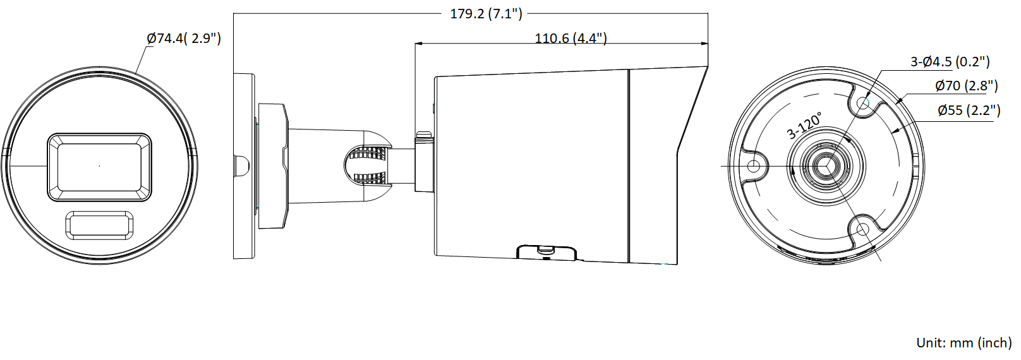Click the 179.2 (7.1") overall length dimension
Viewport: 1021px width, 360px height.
click(x=486, y=14)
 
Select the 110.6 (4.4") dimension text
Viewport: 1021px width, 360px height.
click(x=571, y=39)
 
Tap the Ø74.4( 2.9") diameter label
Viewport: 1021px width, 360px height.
click(x=184, y=39)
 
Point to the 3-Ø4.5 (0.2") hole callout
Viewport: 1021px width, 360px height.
click(x=950, y=62)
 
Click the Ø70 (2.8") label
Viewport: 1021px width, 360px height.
click(x=967, y=86)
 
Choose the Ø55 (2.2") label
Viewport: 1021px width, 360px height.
click(x=969, y=111)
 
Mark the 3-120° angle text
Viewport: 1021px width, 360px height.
click(x=804, y=126)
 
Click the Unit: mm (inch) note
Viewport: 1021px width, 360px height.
click(x=964, y=343)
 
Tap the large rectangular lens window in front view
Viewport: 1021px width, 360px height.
click(x=99, y=167)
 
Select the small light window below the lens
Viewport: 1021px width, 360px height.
click(x=99, y=225)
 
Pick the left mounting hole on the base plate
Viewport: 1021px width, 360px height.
click(x=754, y=166)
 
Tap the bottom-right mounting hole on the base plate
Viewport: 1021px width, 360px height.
click(x=862, y=229)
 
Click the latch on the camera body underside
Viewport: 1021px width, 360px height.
click(x=546, y=253)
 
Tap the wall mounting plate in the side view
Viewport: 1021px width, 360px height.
click(x=243, y=166)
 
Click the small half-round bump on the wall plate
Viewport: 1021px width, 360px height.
click(x=240, y=166)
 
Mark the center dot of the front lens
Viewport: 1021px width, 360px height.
click(x=99, y=166)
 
